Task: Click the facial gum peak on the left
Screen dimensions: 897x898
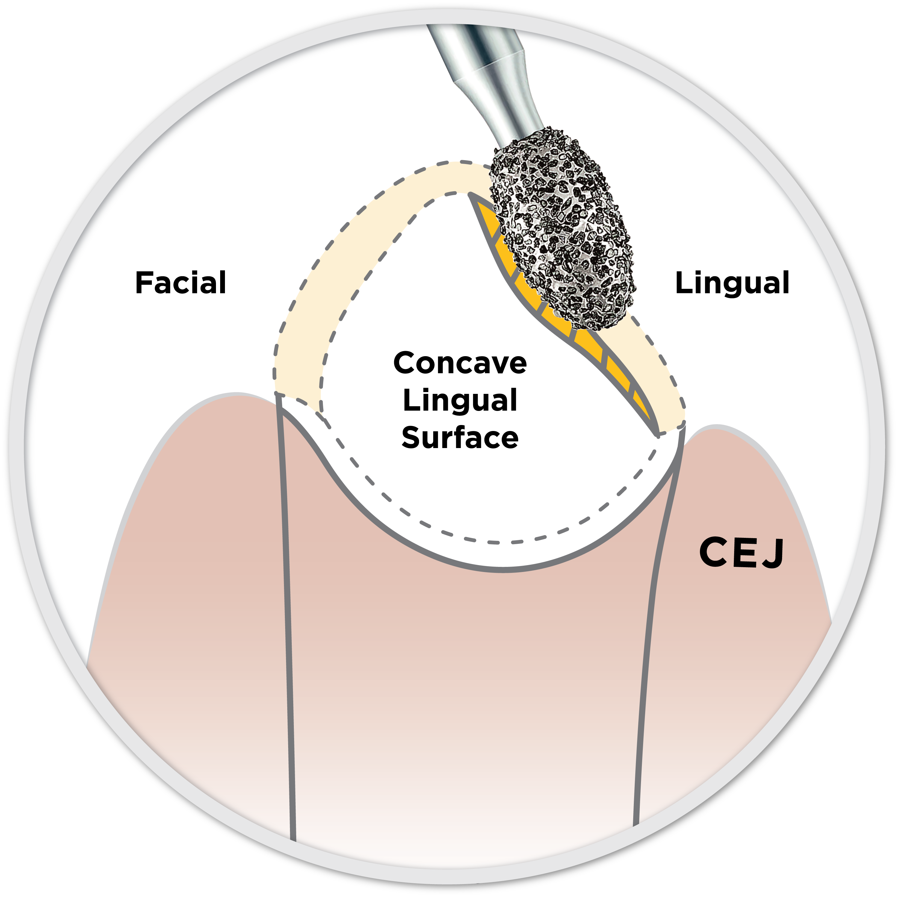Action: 237,396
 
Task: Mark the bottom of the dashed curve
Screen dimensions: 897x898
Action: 497,542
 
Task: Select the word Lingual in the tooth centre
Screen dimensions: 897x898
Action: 460,400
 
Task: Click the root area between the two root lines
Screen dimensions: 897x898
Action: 465,697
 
